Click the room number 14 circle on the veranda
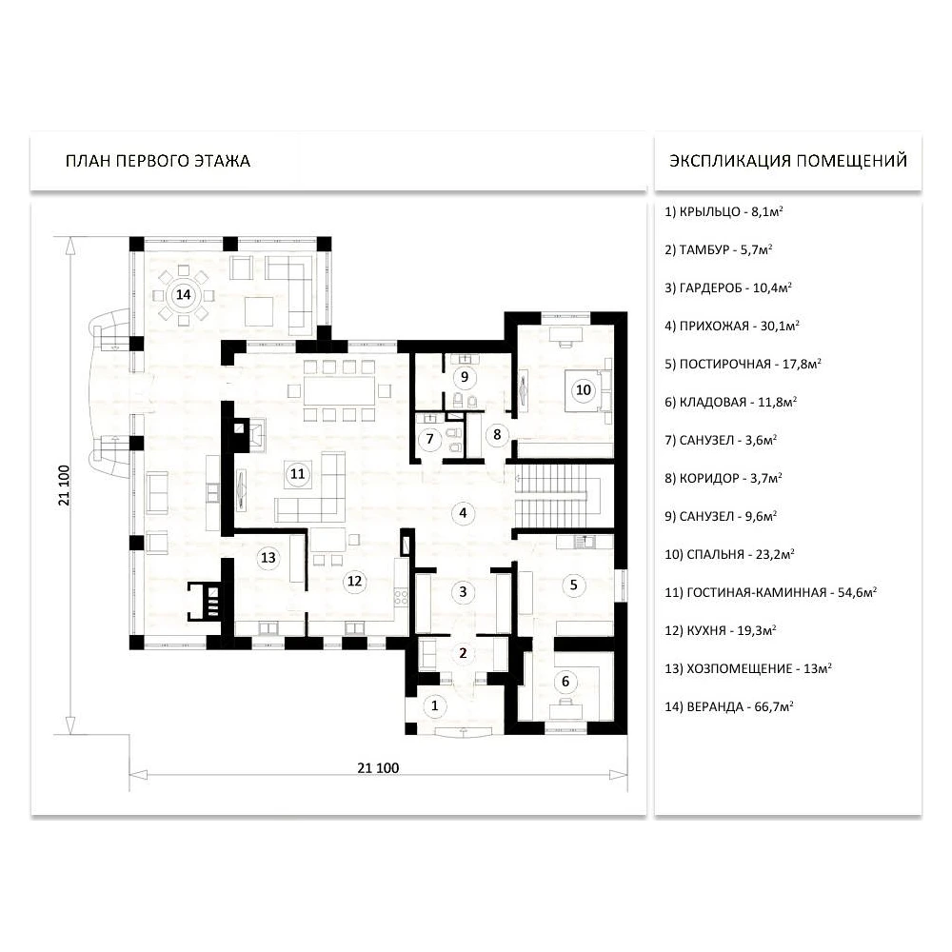(183, 295)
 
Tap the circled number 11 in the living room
(297, 473)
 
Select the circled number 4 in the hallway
(463, 513)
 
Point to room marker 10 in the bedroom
(584, 389)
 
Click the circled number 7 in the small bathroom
(430, 438)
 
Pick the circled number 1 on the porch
(434, 705)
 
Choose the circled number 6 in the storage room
(565, 682)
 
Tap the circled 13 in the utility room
(268, 557)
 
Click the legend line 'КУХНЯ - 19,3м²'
(721, 630)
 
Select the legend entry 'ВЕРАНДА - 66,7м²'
(729, 706)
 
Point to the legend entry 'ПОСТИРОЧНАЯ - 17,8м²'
(743, 364)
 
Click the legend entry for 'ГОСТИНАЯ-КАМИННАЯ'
(770, 592)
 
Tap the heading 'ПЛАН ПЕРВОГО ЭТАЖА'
(158, 161)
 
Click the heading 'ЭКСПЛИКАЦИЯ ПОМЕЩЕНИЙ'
(788, 161)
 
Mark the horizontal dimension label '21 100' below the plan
(378, 768)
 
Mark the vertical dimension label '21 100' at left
(64, 486)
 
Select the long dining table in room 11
(340, 390)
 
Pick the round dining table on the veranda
(183, 295)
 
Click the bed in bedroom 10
(587, 390)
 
